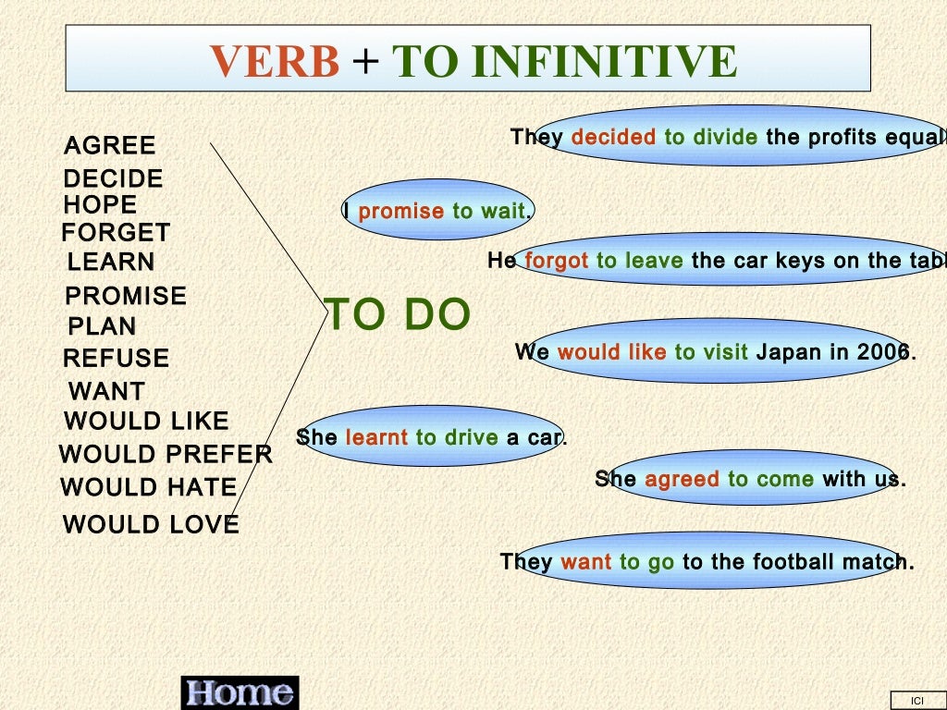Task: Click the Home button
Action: pyautogui.click(x=240, y=692)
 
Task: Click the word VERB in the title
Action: pyautogui.click(x=275, y=62)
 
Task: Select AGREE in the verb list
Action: pyautogui.click(x=110, y=146)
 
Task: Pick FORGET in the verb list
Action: pyautogui.click(x=116, y=233)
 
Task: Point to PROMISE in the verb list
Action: pyautogui.click(x=126, y=297)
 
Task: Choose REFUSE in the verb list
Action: pyautogui.click(x=117, y=359)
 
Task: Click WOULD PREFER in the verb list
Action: pyautogui.click(x=166, y=455)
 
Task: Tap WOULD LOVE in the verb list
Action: pyautogui.click(x=151, y=525)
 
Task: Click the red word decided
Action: pyautogui.click(x=613, y=138)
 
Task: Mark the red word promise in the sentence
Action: pyautogui.click(x=400, y=212)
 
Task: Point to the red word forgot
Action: pyautogui.click(x=556, y=262)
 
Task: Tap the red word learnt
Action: pyautogui.click(x=376, y=437)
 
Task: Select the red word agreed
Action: pyautogui.click(x=682, y=480)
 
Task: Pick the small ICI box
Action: pyautogui.click(x=917, y=701)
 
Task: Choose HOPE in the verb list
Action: pyautogui.click(x=100, y=205)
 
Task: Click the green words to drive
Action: pyautogui.click(x=457, y=437)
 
